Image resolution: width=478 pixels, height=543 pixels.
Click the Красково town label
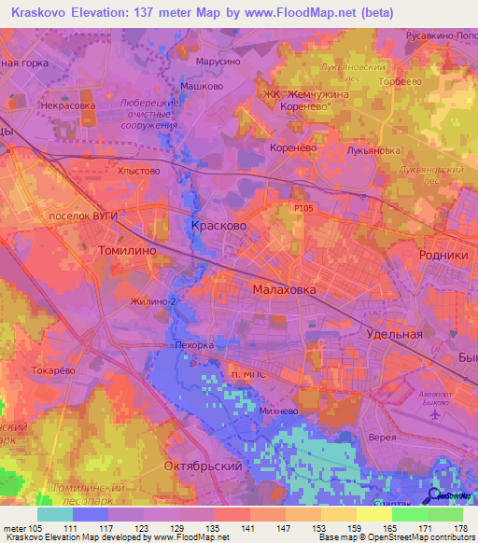point(218,226)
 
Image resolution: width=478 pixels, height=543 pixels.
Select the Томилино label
point(127,251)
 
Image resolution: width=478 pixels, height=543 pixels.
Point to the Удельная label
point(395,333)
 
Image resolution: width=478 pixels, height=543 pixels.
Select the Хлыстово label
point(139,171)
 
